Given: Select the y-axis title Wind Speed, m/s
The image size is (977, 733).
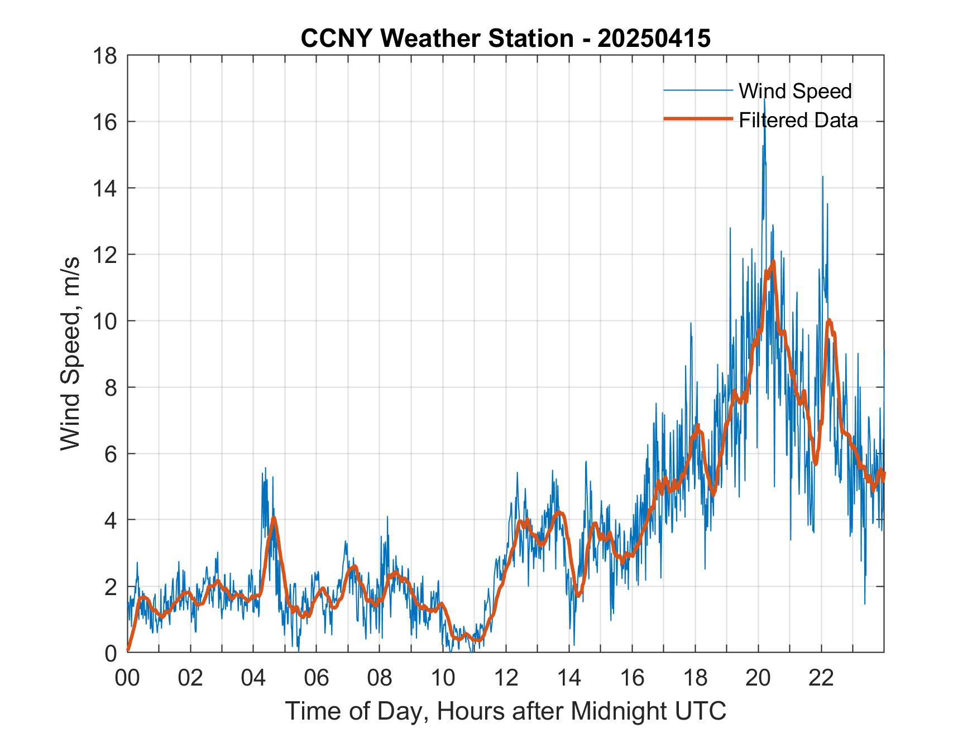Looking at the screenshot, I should pos(71,354).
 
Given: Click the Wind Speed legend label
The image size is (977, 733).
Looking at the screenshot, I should pos(795,91).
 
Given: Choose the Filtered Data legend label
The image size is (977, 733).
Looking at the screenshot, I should pos(798,120).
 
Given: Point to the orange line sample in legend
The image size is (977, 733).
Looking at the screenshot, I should pos(698,119).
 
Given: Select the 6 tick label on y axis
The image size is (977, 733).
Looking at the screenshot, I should pos(111,454).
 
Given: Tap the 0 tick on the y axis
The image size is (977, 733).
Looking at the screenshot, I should pos(111,653).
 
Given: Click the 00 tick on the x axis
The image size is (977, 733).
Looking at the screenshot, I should pos(127,678).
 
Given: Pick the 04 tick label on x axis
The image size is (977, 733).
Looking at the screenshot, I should pos(253,678).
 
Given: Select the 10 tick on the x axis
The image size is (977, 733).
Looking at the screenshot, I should pos(443,678).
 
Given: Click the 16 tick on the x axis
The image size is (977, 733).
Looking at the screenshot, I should pos(632,678).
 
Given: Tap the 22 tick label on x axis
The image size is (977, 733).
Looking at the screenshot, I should pos(821,678).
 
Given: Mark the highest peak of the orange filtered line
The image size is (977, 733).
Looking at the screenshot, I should pos(773,261).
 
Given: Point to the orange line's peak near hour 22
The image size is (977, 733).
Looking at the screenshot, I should pos(829,320).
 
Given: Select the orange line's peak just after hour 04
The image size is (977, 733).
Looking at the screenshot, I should pos(274,518).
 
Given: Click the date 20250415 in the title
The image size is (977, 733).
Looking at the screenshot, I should pos(654,39).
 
